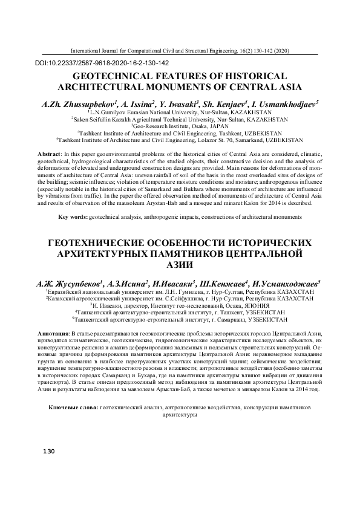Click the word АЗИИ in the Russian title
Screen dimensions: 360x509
tap(180, 265)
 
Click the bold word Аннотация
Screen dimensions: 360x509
tap(53, 334)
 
